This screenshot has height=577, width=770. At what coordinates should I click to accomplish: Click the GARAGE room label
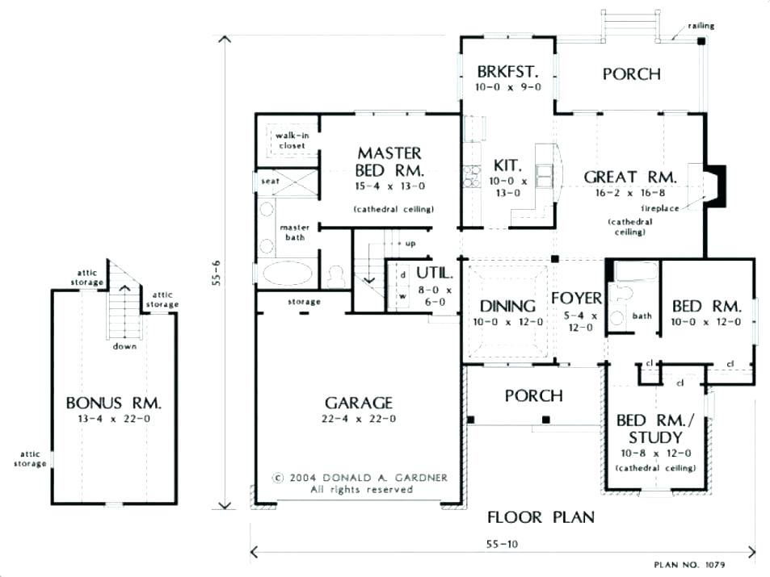click(x=359, y=403)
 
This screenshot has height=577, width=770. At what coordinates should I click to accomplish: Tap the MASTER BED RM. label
click(x=389, y=162)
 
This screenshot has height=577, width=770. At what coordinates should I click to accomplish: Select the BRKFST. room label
click(x=507, y=72)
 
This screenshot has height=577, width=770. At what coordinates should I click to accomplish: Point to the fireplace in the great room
click(x=715, y=186)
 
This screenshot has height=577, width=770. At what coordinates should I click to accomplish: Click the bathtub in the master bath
click(x=288, y=274)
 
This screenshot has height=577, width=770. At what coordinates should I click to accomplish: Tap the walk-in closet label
click(x=292, y=140)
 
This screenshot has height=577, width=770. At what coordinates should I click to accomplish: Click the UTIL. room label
click(x=435, y=273)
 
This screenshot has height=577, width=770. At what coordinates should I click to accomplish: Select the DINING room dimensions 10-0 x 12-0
click(x=507, y=322)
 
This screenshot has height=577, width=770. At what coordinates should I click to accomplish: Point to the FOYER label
click(x=576, y=298)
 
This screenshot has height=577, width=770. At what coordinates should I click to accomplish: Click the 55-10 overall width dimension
click(x=502, y=544)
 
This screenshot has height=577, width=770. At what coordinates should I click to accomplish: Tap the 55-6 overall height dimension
click(x=217, y=273)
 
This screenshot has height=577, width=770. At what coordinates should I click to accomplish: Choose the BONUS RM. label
click(x=113, y=403)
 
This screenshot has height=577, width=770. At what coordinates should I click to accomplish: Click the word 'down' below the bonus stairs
click(x=124, y=346)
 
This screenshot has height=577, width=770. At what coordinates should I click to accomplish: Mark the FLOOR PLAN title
click(x=541, y=516)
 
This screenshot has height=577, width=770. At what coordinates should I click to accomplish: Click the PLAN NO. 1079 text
click(x=689, y=565)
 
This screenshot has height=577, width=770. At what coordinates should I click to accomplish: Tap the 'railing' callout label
click(x=701, y=26)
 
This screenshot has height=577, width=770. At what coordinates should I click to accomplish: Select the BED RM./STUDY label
click(x=655, y=429)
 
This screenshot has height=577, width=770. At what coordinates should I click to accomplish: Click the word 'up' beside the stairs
click(x=410, y=244)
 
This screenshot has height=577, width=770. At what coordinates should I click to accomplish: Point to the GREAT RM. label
click(x=630, y=177)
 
